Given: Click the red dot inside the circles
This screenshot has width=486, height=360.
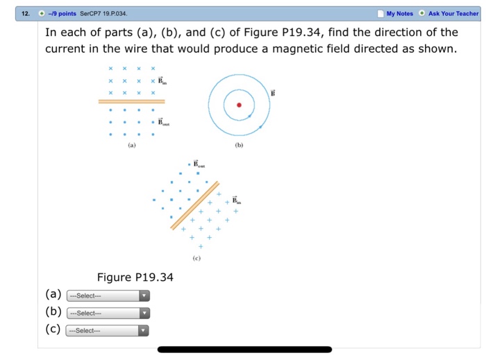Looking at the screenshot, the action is (x=240, y=105).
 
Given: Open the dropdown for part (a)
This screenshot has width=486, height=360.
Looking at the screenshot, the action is (x=107, y=295).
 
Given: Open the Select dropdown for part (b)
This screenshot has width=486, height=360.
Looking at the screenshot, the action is (x=107, y=313).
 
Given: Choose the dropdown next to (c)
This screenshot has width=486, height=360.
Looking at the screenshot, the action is (x=107, y=330).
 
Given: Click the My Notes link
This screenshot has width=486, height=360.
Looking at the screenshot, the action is (x=399, y=13).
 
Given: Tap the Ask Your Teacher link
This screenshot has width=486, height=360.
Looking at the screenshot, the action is (x=453, y=13).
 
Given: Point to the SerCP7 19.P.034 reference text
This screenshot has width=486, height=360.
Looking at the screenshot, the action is (x=103, y=13).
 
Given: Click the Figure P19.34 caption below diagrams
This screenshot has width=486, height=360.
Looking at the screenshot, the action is (x=135, y=278).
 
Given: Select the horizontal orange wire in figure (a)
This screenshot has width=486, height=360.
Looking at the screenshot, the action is (x=131, y=101).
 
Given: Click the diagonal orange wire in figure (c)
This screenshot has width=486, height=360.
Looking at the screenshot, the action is (x=194, y=205).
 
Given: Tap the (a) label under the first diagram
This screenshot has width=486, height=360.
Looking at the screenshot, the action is (x=132, y=146).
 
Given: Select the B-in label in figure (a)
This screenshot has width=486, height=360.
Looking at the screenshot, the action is (x=162, y=80).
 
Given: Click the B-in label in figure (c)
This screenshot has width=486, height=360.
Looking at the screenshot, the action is (x=237, y=200).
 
